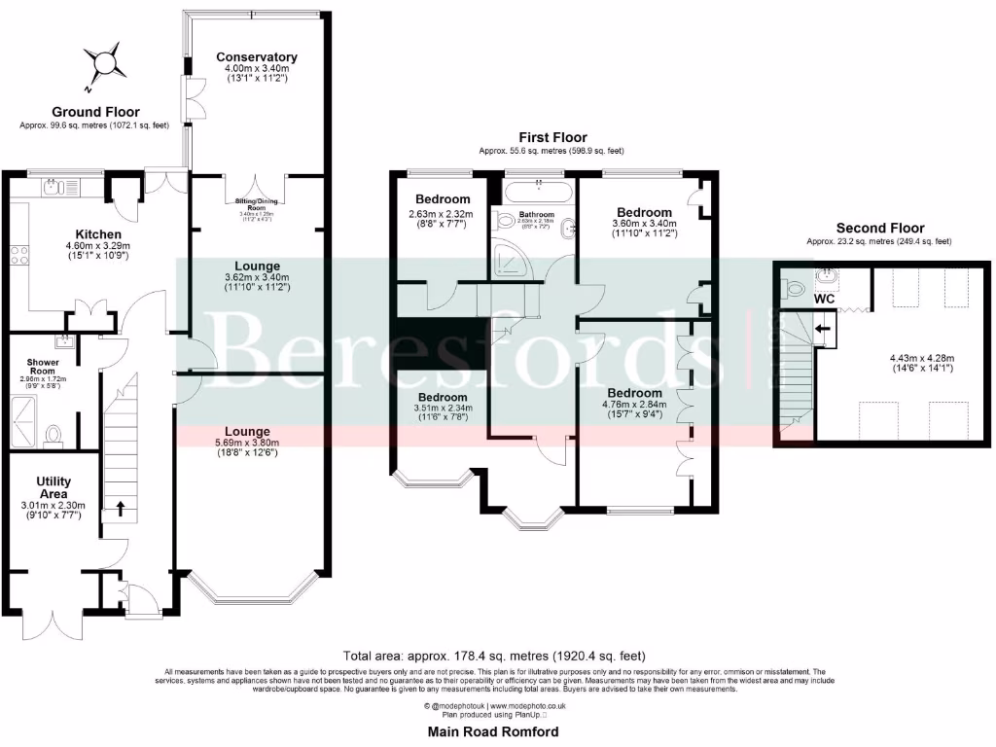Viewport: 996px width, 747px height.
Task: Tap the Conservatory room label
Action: coord(257,56)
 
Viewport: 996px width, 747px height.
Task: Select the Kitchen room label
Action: coord(99,234)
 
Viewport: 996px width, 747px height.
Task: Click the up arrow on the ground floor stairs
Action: coord(122,507)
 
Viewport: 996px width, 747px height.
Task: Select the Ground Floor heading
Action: coord(94,112)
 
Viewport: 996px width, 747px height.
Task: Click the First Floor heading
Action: coord(551,137)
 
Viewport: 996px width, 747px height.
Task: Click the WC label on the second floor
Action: coord(824,300)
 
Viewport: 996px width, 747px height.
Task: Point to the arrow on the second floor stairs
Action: coord(823,330)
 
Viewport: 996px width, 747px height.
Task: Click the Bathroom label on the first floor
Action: coord(536,214)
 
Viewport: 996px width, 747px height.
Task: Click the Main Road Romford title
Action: coord(494,730)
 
